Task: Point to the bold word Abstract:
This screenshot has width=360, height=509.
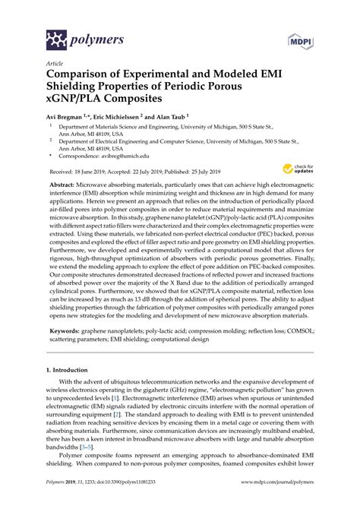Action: click(x=65, y=206)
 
